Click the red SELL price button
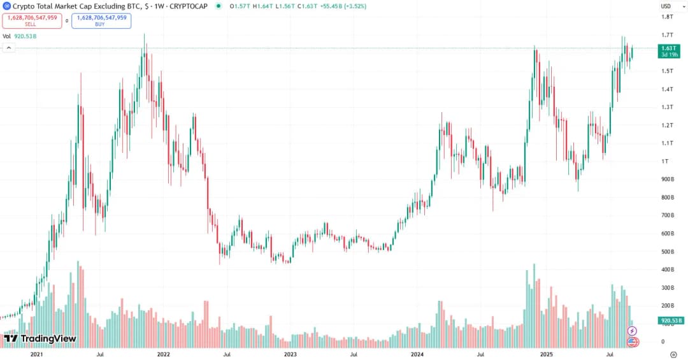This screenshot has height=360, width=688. [x=31, y=20]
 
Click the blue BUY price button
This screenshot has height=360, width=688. [x=102, y=20]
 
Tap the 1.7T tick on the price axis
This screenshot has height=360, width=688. [x=667, y=35]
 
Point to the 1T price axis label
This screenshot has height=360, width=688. [x=664, y=161]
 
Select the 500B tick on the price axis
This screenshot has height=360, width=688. [x=667, y=252]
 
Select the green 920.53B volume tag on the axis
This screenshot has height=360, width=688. [x=671, y=320]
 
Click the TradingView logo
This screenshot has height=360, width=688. [x=39, y=338]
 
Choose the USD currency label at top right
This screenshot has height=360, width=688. [x=666, y=6]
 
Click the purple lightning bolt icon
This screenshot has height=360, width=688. [x=632, y=330]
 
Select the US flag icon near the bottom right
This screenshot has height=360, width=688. [x=632, y=342]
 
